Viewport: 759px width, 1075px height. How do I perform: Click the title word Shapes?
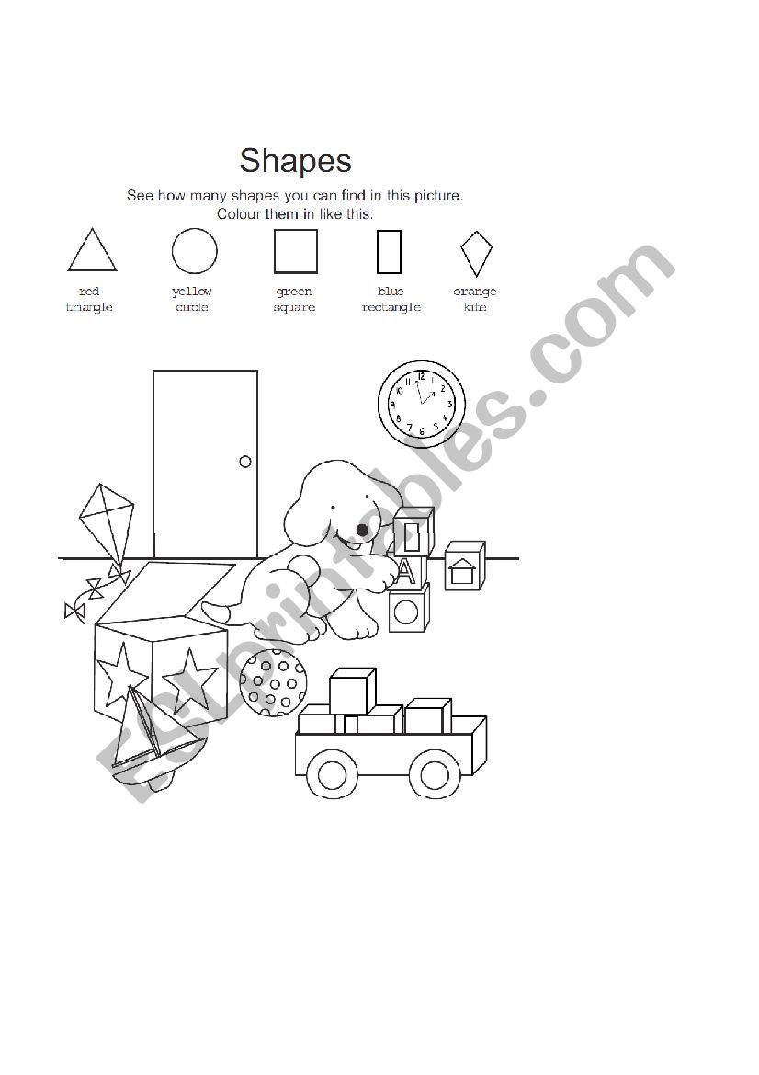295,161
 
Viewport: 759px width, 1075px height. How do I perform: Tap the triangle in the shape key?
92,251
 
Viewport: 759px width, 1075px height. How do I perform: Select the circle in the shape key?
195,251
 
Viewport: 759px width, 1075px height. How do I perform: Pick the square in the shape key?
296,251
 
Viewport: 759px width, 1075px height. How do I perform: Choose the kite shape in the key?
476,253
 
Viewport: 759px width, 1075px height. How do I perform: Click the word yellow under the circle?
192,292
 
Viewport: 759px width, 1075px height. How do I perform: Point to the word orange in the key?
475,292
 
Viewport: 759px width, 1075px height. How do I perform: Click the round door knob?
245,462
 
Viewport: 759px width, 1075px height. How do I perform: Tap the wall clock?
422,405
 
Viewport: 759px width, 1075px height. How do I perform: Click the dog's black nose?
363,530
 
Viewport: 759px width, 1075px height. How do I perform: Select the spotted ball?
273,681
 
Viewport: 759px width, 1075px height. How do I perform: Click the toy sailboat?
152,736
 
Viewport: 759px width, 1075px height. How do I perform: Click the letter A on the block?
406,572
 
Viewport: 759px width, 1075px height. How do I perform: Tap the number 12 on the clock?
422,376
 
